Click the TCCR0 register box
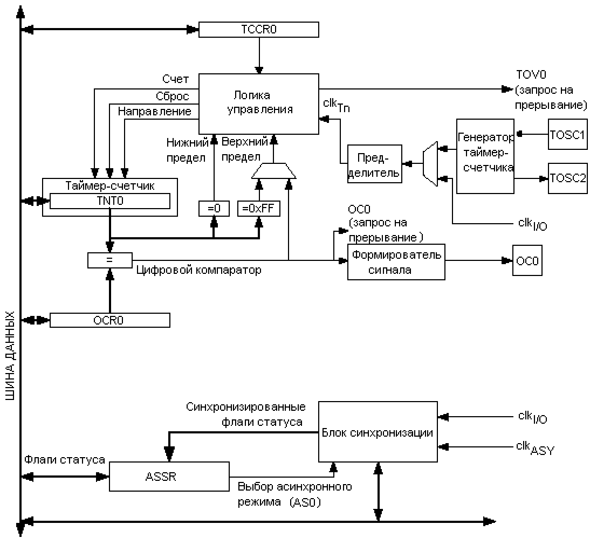click(x=258, y=30)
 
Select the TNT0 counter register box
click(x=109, y=201)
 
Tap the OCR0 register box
click(x=109, y=320)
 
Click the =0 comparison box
click(x=214, y=208)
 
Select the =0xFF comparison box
click(x=259, y=208)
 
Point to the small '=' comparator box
click(x=109, y=260)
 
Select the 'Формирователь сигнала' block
click(x=396, y=261)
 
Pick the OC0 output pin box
click(x=527, y=261)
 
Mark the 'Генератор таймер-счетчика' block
click(x=485, y=156)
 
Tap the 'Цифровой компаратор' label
click(x=198, y=270)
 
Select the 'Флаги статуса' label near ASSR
click(x=64, y=459)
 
